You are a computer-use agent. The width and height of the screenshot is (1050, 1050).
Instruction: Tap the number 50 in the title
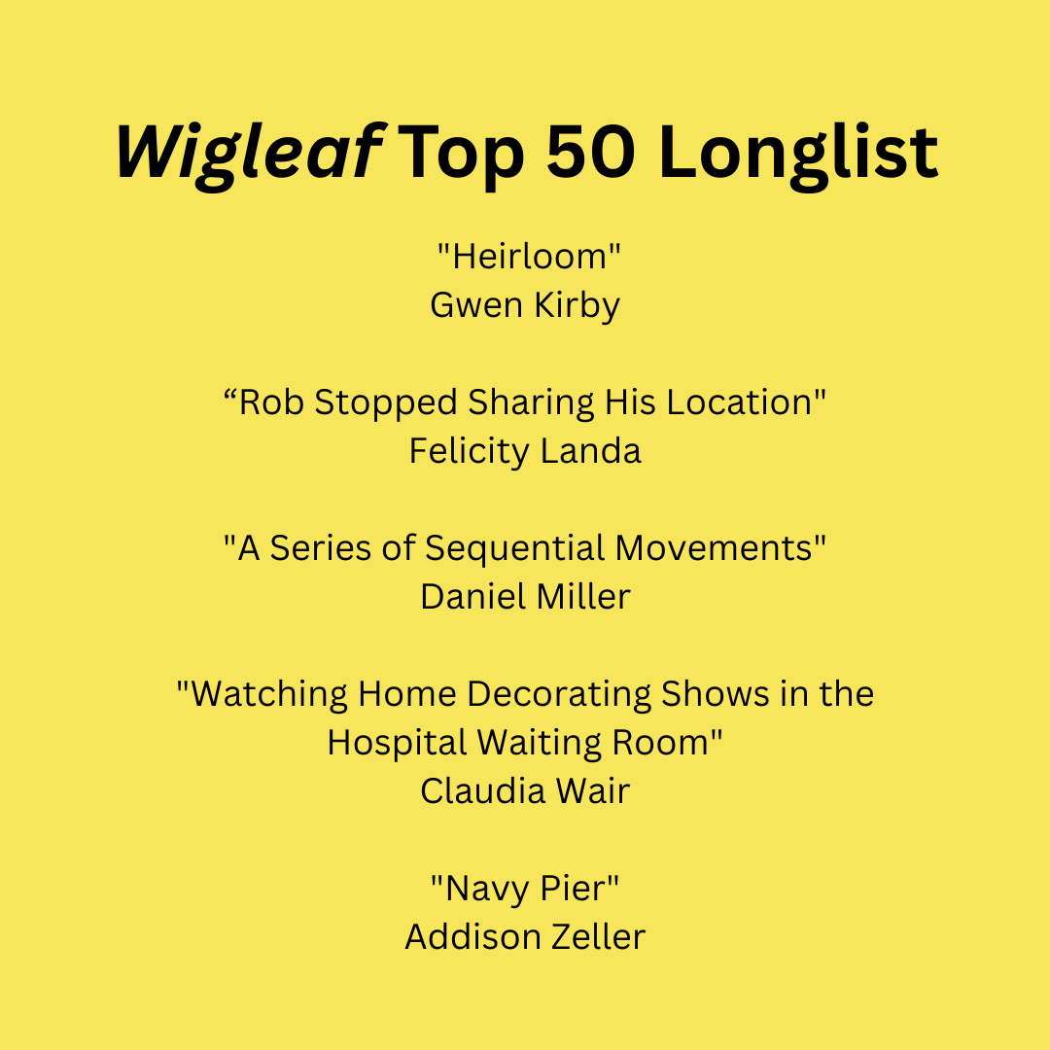click(591, 152)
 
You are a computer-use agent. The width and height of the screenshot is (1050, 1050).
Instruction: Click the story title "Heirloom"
click(529, 256)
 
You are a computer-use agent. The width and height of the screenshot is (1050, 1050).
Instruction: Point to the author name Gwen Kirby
click(525, 306)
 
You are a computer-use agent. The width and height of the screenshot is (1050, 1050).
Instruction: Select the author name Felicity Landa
click(525, 451)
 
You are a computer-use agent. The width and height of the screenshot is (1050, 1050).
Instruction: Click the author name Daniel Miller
click(525, 596)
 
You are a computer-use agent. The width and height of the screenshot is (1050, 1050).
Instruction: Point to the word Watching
click(269, 695)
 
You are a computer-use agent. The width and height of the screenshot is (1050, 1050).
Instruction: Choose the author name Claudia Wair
click(525, 790)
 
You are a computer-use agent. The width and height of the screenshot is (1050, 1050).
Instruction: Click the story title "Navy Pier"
click(525, 890)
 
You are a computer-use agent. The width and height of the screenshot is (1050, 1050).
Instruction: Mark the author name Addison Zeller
click(525, 937)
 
